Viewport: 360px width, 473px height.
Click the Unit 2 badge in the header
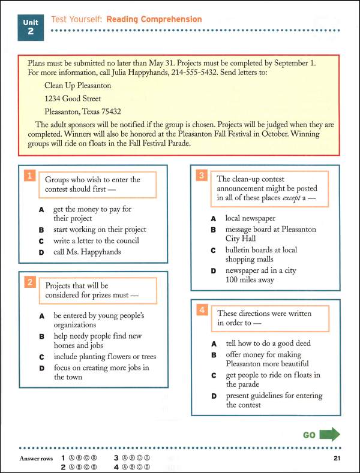pyautogui.click(x=31, y=27)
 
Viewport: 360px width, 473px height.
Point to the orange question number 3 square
pyautogui.click(x=202, y=175)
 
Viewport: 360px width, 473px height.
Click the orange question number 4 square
pyautogui.click(x=202, y=310)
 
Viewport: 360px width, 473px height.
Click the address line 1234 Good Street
pyautogui.click(x=73, y=98)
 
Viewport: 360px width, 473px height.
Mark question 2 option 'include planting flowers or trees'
pyautogui.click(x=106, y=356)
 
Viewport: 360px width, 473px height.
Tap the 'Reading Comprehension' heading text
pyautogui.click(x=154, y=20)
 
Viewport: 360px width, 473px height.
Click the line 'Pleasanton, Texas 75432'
pyautogui.click(x=83, y=111)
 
